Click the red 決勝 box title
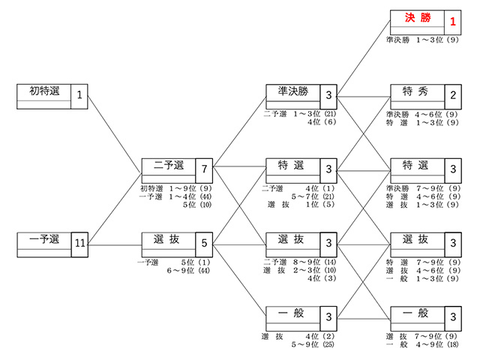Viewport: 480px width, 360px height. click(418, 18)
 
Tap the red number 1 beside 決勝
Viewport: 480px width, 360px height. click(453, 22)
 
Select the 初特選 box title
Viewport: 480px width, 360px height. click(44, 91)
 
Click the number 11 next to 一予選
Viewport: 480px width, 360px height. click(80, 243)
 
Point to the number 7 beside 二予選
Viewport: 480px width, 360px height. click(204, 169)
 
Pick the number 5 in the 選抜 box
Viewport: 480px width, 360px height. click(204, 243)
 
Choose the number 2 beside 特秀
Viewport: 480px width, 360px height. click(453, 95)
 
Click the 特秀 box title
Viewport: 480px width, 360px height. click(415, 91)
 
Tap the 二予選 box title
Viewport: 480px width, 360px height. click(169, 165)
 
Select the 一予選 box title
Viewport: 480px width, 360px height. click(44, 238)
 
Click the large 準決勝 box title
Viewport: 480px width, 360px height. click(293, 91)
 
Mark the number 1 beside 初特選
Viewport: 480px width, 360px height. click(79, 95)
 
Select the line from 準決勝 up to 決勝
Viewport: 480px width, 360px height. click(364, 58)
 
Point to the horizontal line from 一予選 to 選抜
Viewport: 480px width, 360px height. click(115, 245)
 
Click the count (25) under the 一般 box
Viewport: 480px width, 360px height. click(328, 344)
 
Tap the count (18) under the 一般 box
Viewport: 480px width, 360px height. click(453, 344)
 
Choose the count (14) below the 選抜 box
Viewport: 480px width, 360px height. click(330, 262)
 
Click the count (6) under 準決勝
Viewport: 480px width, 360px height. click(330, 121)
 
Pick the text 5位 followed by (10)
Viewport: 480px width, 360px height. click(189, 205)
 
